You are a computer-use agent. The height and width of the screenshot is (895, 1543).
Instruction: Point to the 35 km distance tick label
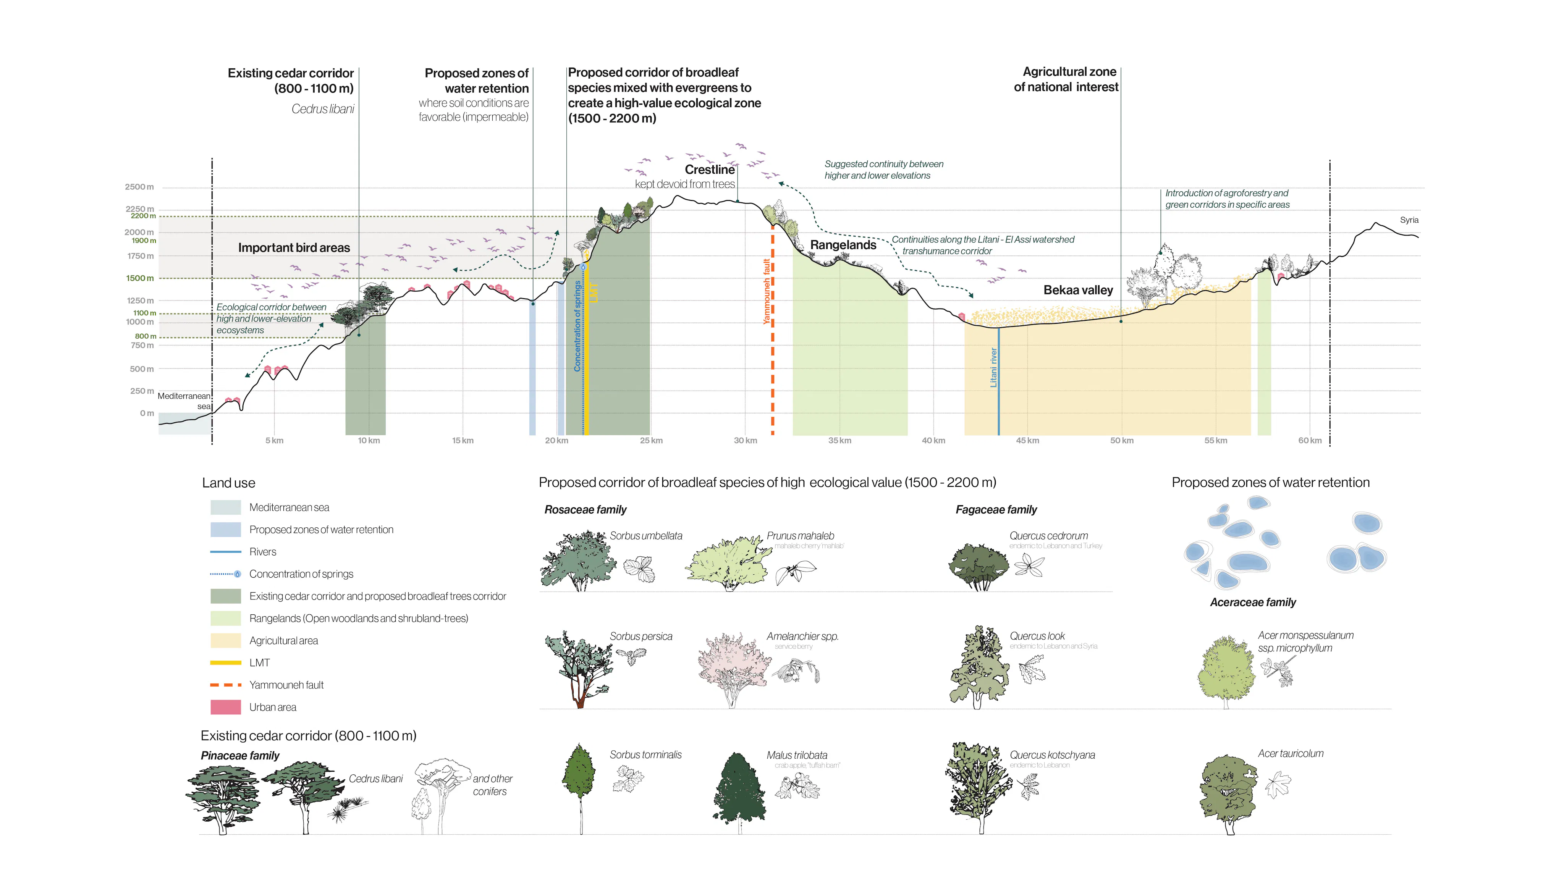[839, 441]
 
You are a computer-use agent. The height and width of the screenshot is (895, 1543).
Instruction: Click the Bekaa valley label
[1078, 290]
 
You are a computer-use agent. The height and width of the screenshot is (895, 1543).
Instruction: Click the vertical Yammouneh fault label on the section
[766, 291]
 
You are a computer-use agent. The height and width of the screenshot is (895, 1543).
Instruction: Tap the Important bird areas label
[294, 248]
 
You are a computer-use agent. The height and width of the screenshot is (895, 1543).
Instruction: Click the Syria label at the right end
[1408, 220]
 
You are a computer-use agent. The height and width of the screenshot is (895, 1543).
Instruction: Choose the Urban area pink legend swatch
[225, 707]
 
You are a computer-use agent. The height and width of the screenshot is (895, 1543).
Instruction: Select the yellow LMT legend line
[225, 663]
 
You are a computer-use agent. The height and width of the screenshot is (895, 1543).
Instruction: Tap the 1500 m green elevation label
[140, 278]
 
